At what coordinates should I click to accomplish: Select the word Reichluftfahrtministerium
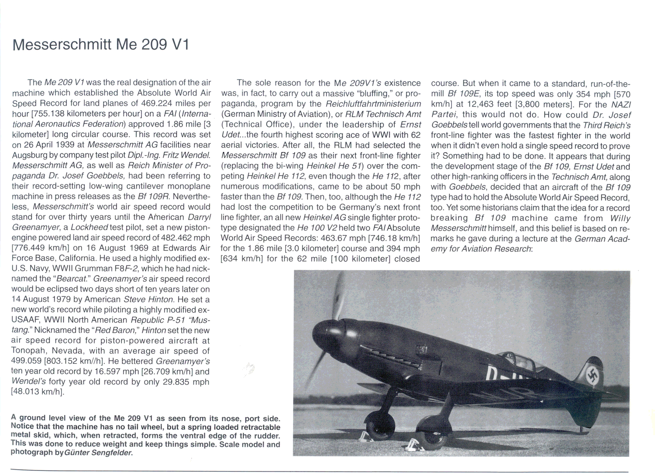373,104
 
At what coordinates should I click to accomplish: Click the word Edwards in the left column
172,249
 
